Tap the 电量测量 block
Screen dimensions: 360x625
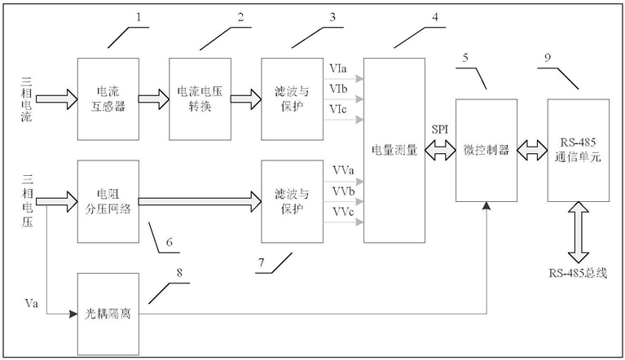(394, 150)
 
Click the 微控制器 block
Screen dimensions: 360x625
(486, 150)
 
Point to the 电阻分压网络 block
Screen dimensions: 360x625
(108, 200)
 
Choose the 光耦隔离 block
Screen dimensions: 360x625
(108, 313)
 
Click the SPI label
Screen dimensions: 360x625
(440, 131)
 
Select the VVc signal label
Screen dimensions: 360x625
(343, 212)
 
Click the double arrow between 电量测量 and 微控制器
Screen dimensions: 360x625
(440, 151)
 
